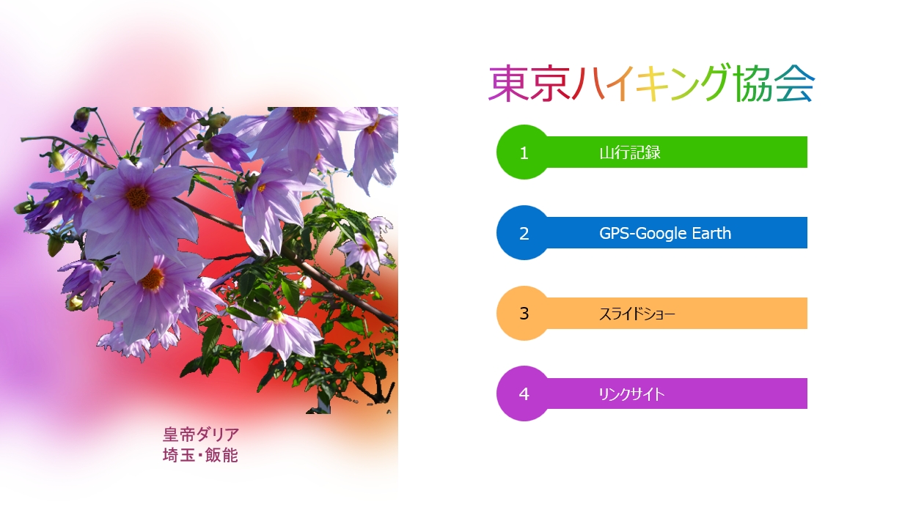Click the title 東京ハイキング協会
(x=652, y=83)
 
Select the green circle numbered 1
(x=524, y=152)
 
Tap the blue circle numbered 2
(x=524, y=232)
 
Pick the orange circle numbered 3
(x=524, y=313)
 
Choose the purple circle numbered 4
(x=524, y=393)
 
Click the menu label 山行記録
(x=630, y=152)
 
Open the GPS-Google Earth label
(x=665, y=233)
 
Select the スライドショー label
(x=637, y=314)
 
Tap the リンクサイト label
(x=631, y=394)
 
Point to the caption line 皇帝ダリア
(x=201, y=435)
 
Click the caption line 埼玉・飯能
(x=200, y=455)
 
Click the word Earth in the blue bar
(x=711, y=233)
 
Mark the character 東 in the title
(x=509, y=84)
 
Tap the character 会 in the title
(x=795, y=84)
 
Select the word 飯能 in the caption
(x=221, y=455)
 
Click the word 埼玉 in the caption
(x=179, y=455)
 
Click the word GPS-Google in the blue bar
(x=642, y=233)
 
